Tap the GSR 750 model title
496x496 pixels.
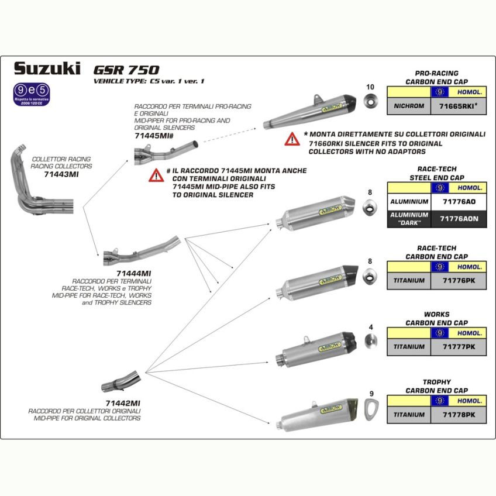pyautogui.click(x=126, y=70)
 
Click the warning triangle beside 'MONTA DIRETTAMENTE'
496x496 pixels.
pyautogui.click(x=292, y=139)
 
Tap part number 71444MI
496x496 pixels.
pyautogui.click(x=134, y=273)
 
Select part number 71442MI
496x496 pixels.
pyautogui.click(x=122, y=403)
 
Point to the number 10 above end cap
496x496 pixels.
pyautogui.click(x=370, y=87)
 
